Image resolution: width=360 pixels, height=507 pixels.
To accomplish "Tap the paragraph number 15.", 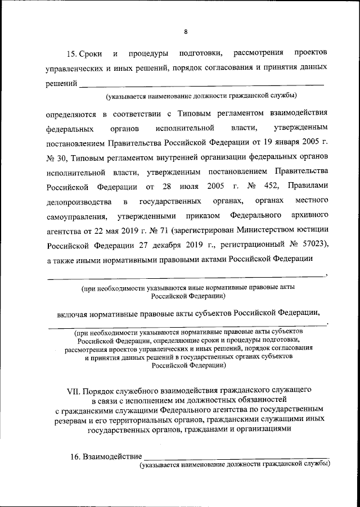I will [71, 54].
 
